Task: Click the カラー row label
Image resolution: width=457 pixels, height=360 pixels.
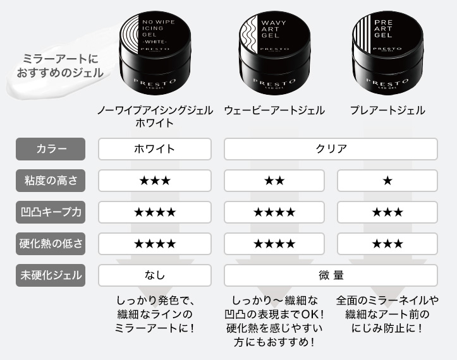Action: coord(51,149)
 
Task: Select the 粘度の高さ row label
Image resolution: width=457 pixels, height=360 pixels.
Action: coord(51,181)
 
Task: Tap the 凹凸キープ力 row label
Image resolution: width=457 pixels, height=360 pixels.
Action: coord(51,212)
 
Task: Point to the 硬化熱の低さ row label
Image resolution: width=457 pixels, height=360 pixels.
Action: coord(51,244)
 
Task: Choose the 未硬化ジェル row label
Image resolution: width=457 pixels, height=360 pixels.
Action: coord(51,275)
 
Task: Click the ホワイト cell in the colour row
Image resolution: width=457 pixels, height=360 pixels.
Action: coord(155,149)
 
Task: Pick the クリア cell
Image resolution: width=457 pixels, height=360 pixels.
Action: coord(331,149)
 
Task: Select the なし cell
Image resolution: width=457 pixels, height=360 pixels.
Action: coord(155,275)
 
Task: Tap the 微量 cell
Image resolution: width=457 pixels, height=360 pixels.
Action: coord(331,275)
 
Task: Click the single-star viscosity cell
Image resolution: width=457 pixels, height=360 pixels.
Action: coord(387,181)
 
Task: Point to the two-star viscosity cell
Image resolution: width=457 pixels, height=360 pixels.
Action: coord(274,181)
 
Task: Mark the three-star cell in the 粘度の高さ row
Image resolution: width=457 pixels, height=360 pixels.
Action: coord(155,181)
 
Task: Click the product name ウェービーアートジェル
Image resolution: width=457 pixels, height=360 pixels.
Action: coord(274,111)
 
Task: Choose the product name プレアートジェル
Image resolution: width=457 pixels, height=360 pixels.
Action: coord(387,111)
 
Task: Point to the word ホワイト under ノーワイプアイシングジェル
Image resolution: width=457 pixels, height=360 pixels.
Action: coord(155,123)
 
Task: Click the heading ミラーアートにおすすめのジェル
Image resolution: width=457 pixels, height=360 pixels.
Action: coord(60,66)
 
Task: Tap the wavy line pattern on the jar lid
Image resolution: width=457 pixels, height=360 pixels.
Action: coord(248,34)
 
